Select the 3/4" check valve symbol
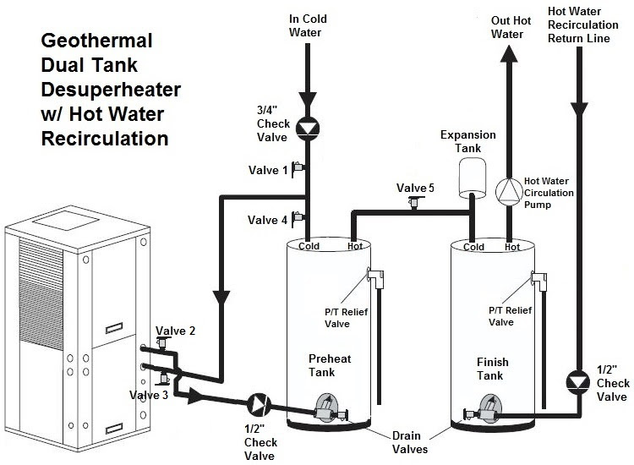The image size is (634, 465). (x=309, y=128)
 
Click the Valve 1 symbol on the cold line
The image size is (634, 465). (x=300, y=170)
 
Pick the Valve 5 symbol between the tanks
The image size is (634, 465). (x=414, y=202)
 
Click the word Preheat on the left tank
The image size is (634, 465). (x=329, y=359)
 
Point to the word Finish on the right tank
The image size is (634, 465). (x=492, y=362)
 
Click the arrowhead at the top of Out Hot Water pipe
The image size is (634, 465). (x=508, y=52)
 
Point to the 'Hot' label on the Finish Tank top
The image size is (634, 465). (x=512, y=247)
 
